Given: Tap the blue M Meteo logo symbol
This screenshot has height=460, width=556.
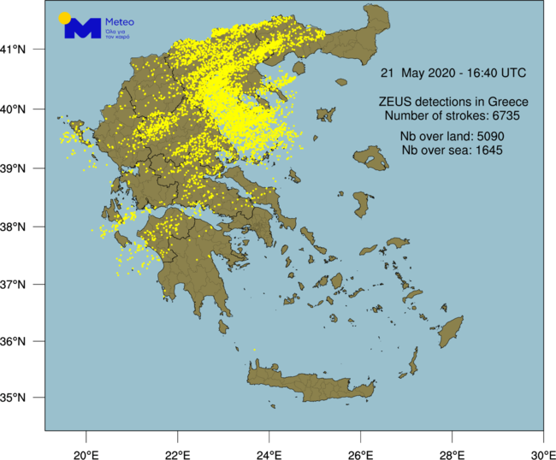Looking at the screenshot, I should (x=83, y=29).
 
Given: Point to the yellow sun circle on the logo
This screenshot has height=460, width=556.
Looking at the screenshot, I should (x=64, y=18).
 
